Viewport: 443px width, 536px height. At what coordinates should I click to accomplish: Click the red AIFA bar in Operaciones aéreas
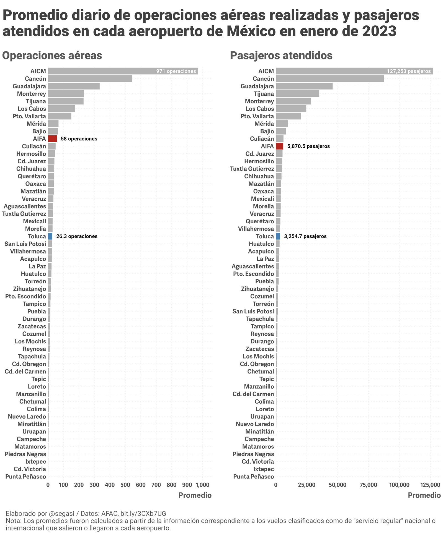point(52,138)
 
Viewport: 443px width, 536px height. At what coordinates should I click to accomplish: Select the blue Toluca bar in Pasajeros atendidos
point(278,236)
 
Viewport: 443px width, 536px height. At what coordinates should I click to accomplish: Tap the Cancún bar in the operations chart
point(90,79)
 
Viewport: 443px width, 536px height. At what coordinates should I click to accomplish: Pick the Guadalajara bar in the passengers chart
point(304,86)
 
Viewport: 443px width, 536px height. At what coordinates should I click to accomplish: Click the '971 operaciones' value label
point(176,71)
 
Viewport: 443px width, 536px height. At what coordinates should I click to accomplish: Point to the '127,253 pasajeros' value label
point(409,71)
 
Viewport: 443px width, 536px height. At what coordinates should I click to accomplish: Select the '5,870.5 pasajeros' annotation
point(308,146)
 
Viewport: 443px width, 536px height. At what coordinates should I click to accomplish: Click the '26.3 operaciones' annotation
point(77,236)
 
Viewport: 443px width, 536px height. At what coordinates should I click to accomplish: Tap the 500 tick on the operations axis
point(125,485)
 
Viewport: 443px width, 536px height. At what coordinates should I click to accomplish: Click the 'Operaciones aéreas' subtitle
point(52,56)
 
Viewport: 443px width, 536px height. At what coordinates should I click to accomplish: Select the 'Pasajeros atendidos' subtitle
point(281,56)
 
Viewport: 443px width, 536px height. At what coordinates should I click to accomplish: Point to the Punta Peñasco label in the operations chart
point(25,477)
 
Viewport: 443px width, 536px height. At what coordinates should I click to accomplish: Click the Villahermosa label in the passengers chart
point(256,229)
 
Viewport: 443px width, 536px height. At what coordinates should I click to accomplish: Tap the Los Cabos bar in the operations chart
point(61,109)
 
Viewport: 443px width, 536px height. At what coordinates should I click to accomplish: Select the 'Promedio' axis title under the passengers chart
point(424,495)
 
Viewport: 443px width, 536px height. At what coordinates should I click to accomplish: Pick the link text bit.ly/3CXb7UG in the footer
point(143,513)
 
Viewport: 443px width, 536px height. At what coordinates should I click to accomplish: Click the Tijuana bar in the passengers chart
point(297,94)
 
